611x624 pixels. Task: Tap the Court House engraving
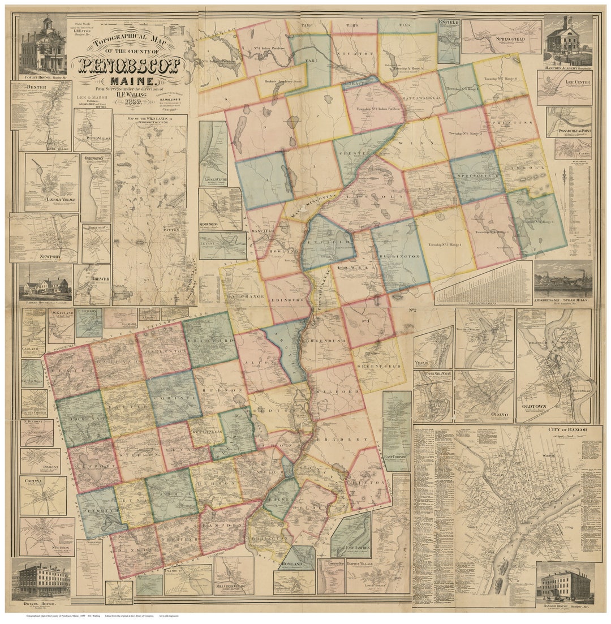[x=42, y=45]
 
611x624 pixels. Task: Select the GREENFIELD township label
[x=380, y=365]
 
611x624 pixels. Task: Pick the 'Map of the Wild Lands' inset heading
[x=150, y=120]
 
